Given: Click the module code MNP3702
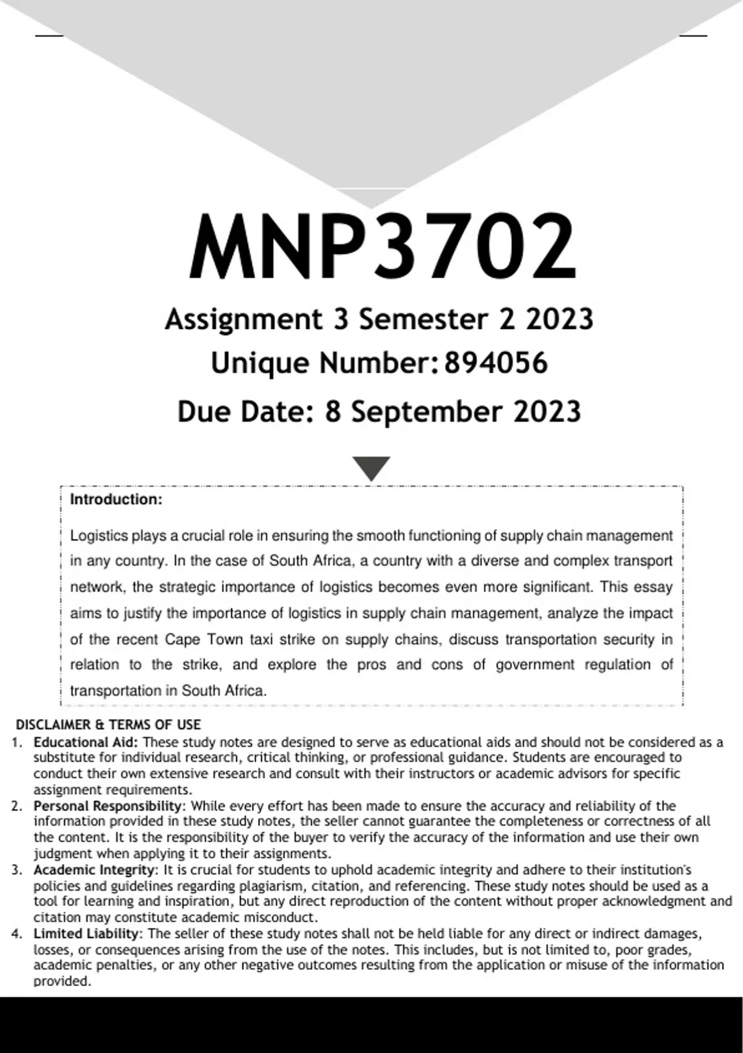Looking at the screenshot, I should coord(383,247).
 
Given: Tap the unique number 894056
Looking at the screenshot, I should coord(496,363).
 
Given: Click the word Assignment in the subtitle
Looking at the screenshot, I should coord(243,320).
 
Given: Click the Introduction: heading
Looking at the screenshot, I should coord(116,500).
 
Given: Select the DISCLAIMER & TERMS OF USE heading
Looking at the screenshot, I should coord(108,725).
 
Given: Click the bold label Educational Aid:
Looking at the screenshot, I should coord(86,742).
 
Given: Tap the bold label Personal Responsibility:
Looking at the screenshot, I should coord(109,806).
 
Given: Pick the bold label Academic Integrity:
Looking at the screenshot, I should coord(96,870).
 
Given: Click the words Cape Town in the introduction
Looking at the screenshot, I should coord(204,639).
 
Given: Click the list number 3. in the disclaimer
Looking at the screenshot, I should coord(17,870).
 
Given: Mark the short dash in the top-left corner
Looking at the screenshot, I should coord(49,36).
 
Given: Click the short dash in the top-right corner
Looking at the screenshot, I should coord(693,36).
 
